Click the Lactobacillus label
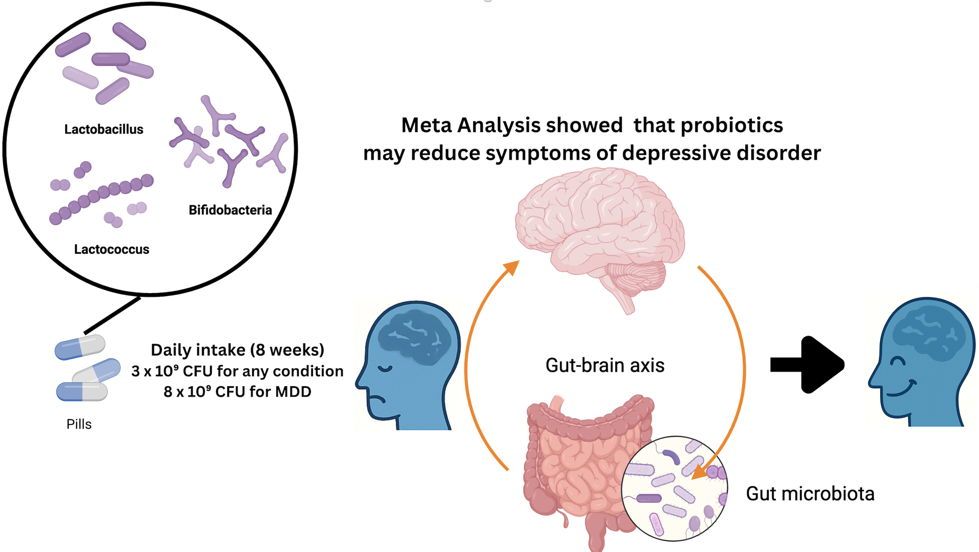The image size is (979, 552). tap(104, 129)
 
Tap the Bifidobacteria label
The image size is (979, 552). tap(230, 210)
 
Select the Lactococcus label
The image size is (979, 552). tap(111, 249)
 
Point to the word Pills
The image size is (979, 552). tap(79, 424)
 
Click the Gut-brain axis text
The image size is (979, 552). tap(604, 365)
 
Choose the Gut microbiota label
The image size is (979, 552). tap(810, 494)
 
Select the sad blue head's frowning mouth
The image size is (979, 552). tap(377, 399)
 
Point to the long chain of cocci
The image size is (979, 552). tap(101, 199)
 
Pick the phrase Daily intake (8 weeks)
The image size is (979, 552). tap(237, 350)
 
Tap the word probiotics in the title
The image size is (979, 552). tap(732, 125)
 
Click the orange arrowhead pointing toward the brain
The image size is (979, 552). tap(512, 268)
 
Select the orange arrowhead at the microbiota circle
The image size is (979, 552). tap(700, 471)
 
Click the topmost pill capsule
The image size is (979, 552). tap(80, 347)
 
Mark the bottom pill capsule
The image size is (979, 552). tap(82, 391)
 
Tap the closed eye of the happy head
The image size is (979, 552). tap(898, 361)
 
